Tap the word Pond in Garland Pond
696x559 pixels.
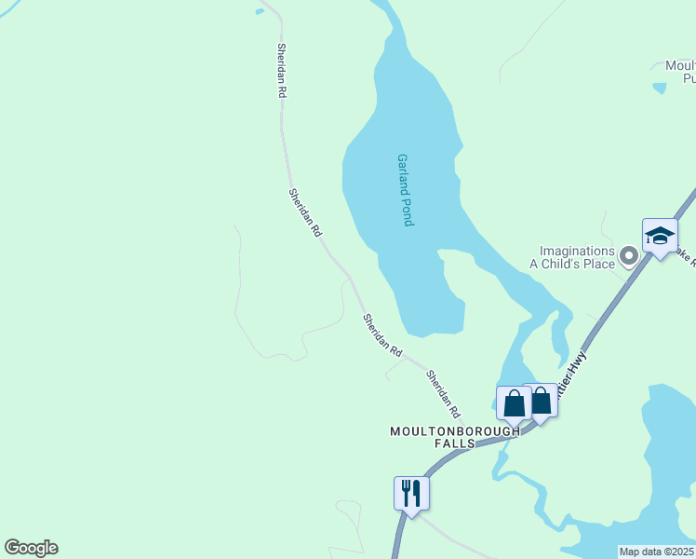407,212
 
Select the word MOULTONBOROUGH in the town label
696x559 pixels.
454,431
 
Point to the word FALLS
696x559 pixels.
454,444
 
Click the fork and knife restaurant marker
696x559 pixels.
411,493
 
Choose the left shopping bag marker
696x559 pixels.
514,403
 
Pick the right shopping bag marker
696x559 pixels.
541,401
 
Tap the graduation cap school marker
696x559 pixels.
660,236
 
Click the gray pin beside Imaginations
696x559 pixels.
629,254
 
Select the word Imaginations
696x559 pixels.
578,252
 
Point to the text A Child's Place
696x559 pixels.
572,265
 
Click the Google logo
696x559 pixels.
31,547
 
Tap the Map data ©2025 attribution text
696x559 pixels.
656,552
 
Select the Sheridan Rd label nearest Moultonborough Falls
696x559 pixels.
444,393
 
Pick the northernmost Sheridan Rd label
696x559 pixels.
281,71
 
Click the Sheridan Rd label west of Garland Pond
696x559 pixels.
304,211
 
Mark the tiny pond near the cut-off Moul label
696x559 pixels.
660,89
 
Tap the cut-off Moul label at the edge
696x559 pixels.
680,66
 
